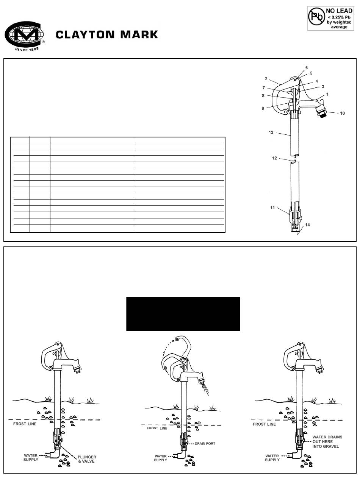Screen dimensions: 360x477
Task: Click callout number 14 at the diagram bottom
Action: tap(308, 225)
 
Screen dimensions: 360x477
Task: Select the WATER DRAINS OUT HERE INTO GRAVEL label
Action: tap(327, 441)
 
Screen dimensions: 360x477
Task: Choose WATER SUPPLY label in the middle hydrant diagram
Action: tap(161, 458)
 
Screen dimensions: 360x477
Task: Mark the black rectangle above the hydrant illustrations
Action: tap(183, 314)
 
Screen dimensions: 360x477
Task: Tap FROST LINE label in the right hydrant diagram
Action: tap(264, 424)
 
